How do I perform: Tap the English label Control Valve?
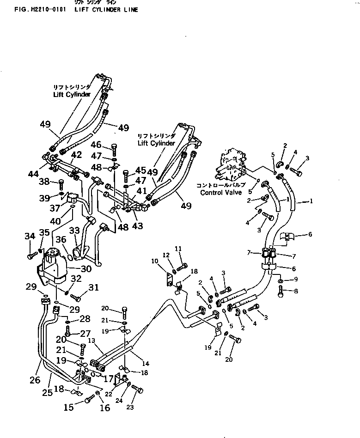point(221,192)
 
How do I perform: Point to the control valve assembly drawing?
point(233,166)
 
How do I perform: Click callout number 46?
point(96,145)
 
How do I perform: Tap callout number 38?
point(44,181)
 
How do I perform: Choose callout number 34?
point(30,237)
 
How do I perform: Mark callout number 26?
point(35,380)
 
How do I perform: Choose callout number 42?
point(76,154)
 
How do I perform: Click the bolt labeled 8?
point(281,291)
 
